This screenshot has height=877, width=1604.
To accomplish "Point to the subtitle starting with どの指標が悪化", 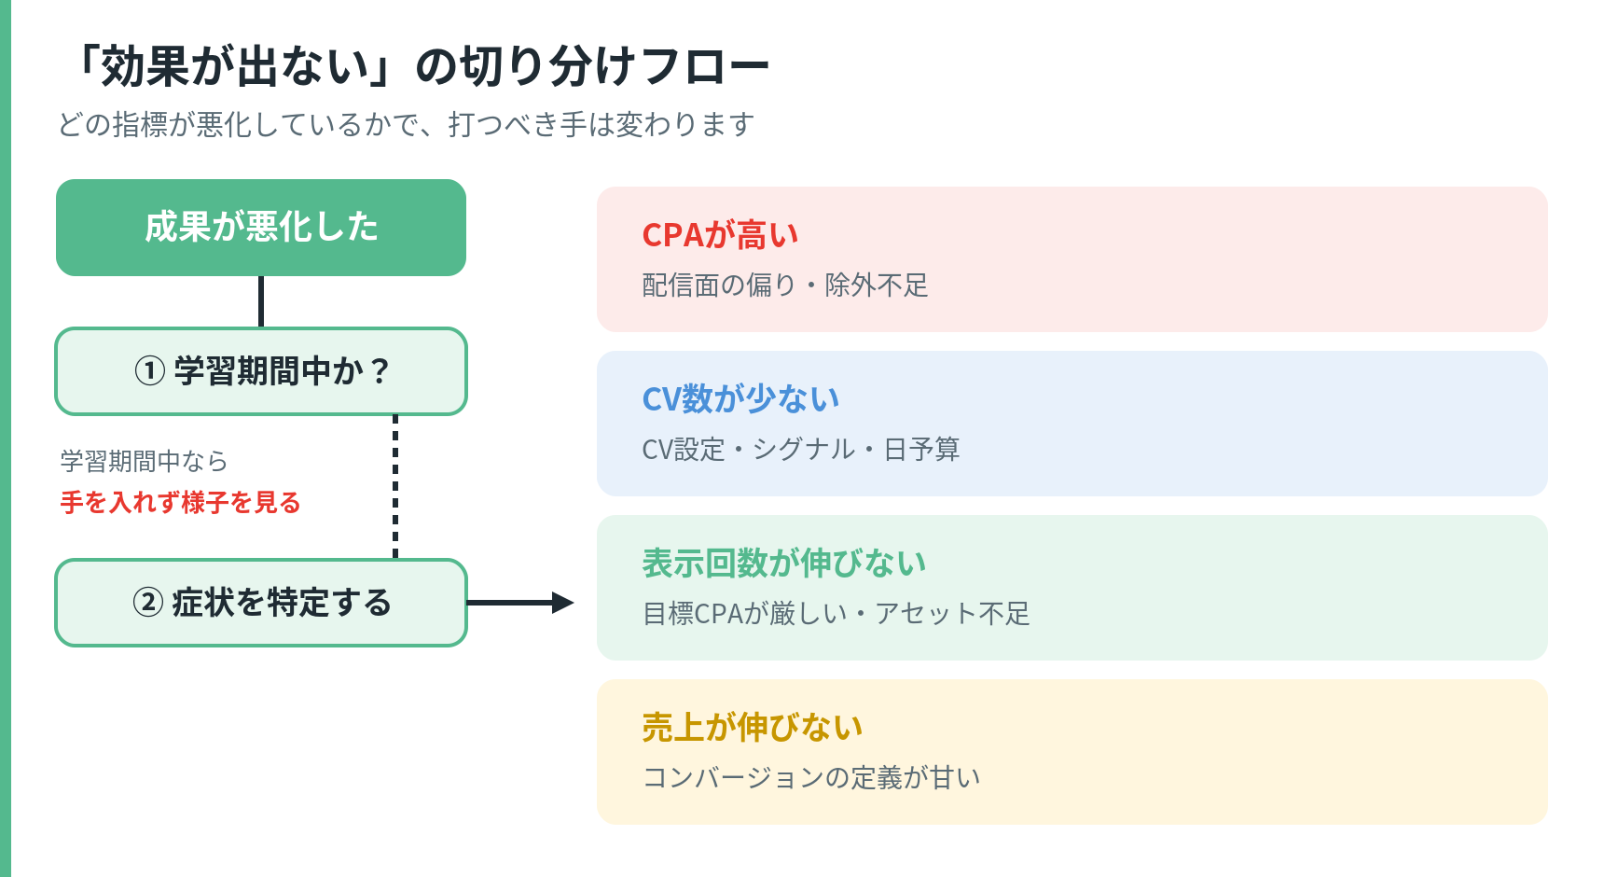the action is point(407,124).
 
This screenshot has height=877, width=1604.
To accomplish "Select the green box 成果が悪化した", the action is point(261,228).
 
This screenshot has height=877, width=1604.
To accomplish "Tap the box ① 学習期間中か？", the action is point(261,371).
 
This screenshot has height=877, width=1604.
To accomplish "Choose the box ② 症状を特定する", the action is point(261,603).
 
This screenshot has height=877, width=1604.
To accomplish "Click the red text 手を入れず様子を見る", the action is point(181,503).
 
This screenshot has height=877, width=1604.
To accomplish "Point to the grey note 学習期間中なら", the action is point(145,461).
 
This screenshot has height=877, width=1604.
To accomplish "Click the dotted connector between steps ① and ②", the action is point(395,487).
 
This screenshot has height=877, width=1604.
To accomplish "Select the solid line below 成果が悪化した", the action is point(261,301).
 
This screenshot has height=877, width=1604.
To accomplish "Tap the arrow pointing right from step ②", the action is point(520,603).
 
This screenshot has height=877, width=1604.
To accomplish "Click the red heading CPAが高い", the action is point(721,235).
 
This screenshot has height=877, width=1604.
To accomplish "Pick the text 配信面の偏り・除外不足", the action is point(785,285).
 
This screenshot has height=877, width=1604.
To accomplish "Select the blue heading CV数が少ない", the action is point(741,399).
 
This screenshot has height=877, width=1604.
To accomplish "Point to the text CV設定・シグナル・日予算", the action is point(801,450).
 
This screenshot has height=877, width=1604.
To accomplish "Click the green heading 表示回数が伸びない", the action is point(784,564).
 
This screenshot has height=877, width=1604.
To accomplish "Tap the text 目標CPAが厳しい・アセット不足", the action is point(837,614).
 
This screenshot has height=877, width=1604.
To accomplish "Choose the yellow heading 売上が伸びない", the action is point(753,728).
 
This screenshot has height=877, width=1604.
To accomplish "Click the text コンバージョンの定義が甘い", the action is point(811,778).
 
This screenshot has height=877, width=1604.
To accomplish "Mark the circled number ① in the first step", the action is point(150,371).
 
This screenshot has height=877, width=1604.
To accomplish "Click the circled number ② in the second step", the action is point(148,603).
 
